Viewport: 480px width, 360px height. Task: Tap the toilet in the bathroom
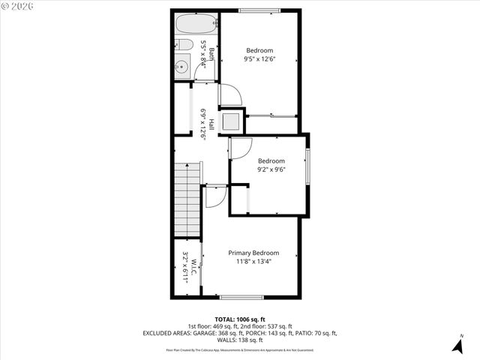(184, 46)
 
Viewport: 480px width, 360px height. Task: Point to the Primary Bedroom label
(253, 253)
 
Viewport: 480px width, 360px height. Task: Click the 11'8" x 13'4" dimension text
(253, 262)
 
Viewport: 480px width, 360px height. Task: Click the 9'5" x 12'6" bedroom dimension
(259, 59)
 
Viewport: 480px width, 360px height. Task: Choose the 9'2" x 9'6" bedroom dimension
(271, 169)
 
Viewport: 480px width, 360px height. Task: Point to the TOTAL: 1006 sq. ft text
(240, 319)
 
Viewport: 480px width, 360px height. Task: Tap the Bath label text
(211, 54)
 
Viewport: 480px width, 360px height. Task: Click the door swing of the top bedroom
(230, 94)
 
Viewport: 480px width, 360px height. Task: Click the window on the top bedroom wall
(259, 10)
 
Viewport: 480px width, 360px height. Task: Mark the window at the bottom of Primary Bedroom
(241, 298)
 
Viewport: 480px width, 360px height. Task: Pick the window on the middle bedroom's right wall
(307, 165)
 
